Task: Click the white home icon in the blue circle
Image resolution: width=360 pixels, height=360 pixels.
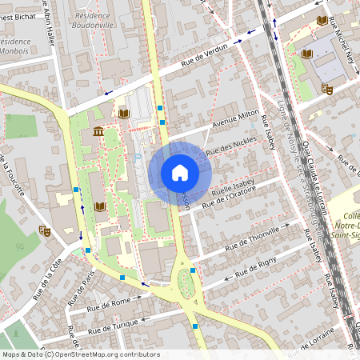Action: pos(180,173)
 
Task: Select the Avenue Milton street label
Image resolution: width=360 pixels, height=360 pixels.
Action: pos(237,120)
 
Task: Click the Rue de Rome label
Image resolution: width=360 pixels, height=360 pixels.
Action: pos(109,302)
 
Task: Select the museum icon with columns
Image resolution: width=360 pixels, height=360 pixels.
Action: pos(98,131)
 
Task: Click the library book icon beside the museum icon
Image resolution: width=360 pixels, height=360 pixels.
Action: pos(123,114)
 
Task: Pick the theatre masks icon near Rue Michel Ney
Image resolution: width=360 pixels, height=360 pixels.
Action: pos(326,89)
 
